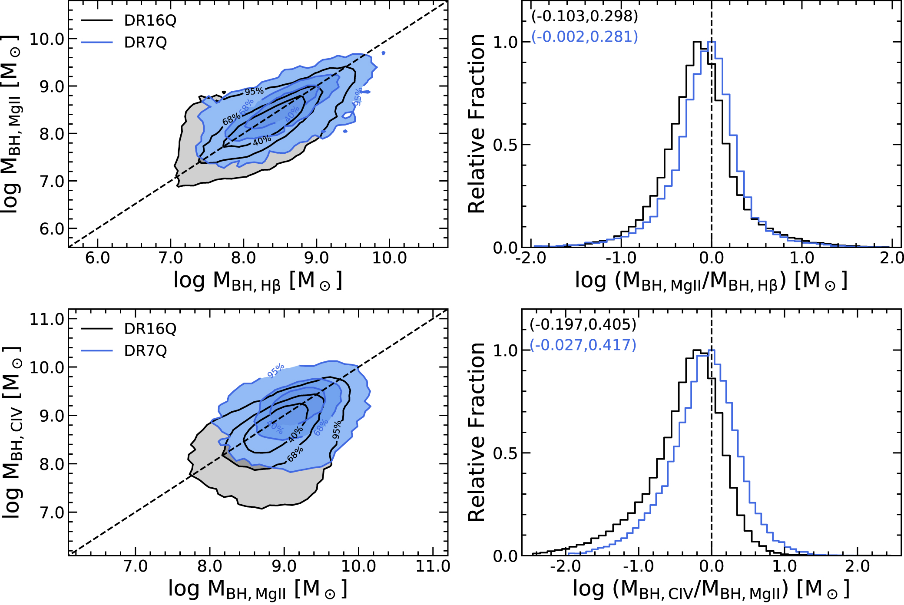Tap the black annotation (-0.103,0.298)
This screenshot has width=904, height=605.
(x=584, y=16)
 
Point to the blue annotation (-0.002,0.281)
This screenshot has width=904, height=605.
(x=584, y=36)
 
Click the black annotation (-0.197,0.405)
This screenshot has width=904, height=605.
(x=583, y=324)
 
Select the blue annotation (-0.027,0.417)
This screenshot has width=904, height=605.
(x=583, y=345)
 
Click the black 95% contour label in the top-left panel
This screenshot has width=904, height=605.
(x=254, y=91)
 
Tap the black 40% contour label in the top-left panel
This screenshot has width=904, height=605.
(x=262, y=140)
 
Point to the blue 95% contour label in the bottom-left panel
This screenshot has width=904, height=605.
(x=275, y=370)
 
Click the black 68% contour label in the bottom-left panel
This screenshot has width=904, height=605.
(x=295, y=454)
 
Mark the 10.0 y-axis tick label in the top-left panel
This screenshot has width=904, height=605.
(x=47, y=39)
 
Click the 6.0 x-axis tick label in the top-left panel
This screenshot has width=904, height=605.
(x=97, y=258)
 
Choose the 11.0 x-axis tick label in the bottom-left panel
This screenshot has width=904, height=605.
(x=433, y=566)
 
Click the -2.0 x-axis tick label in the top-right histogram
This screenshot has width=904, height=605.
(x=531, y=258)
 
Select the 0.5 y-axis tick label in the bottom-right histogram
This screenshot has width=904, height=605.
(x=505, y=453)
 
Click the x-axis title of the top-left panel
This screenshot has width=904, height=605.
(x=258, y=281)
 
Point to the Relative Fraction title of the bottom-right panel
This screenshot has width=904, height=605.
(x=477, y=432)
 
